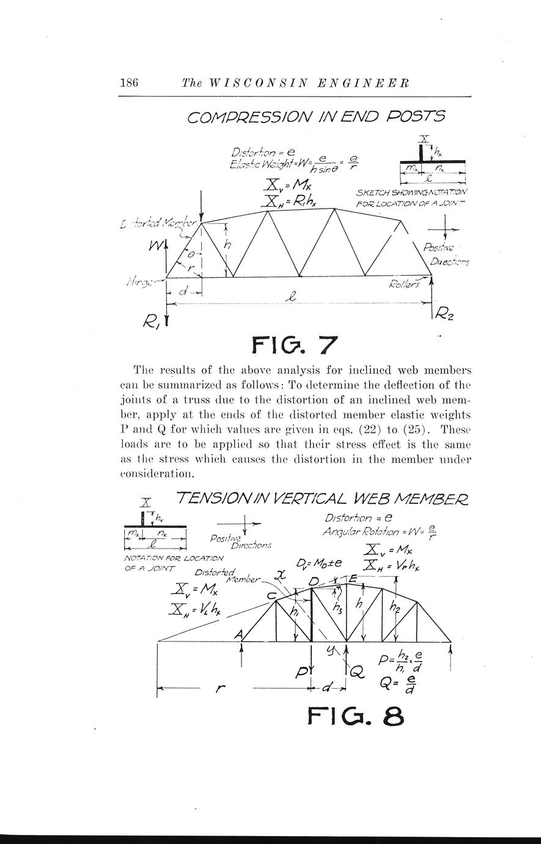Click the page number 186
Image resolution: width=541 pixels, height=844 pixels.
131,83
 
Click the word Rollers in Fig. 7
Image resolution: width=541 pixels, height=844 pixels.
404,283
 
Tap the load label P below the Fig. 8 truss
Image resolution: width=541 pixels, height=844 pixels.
302,673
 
